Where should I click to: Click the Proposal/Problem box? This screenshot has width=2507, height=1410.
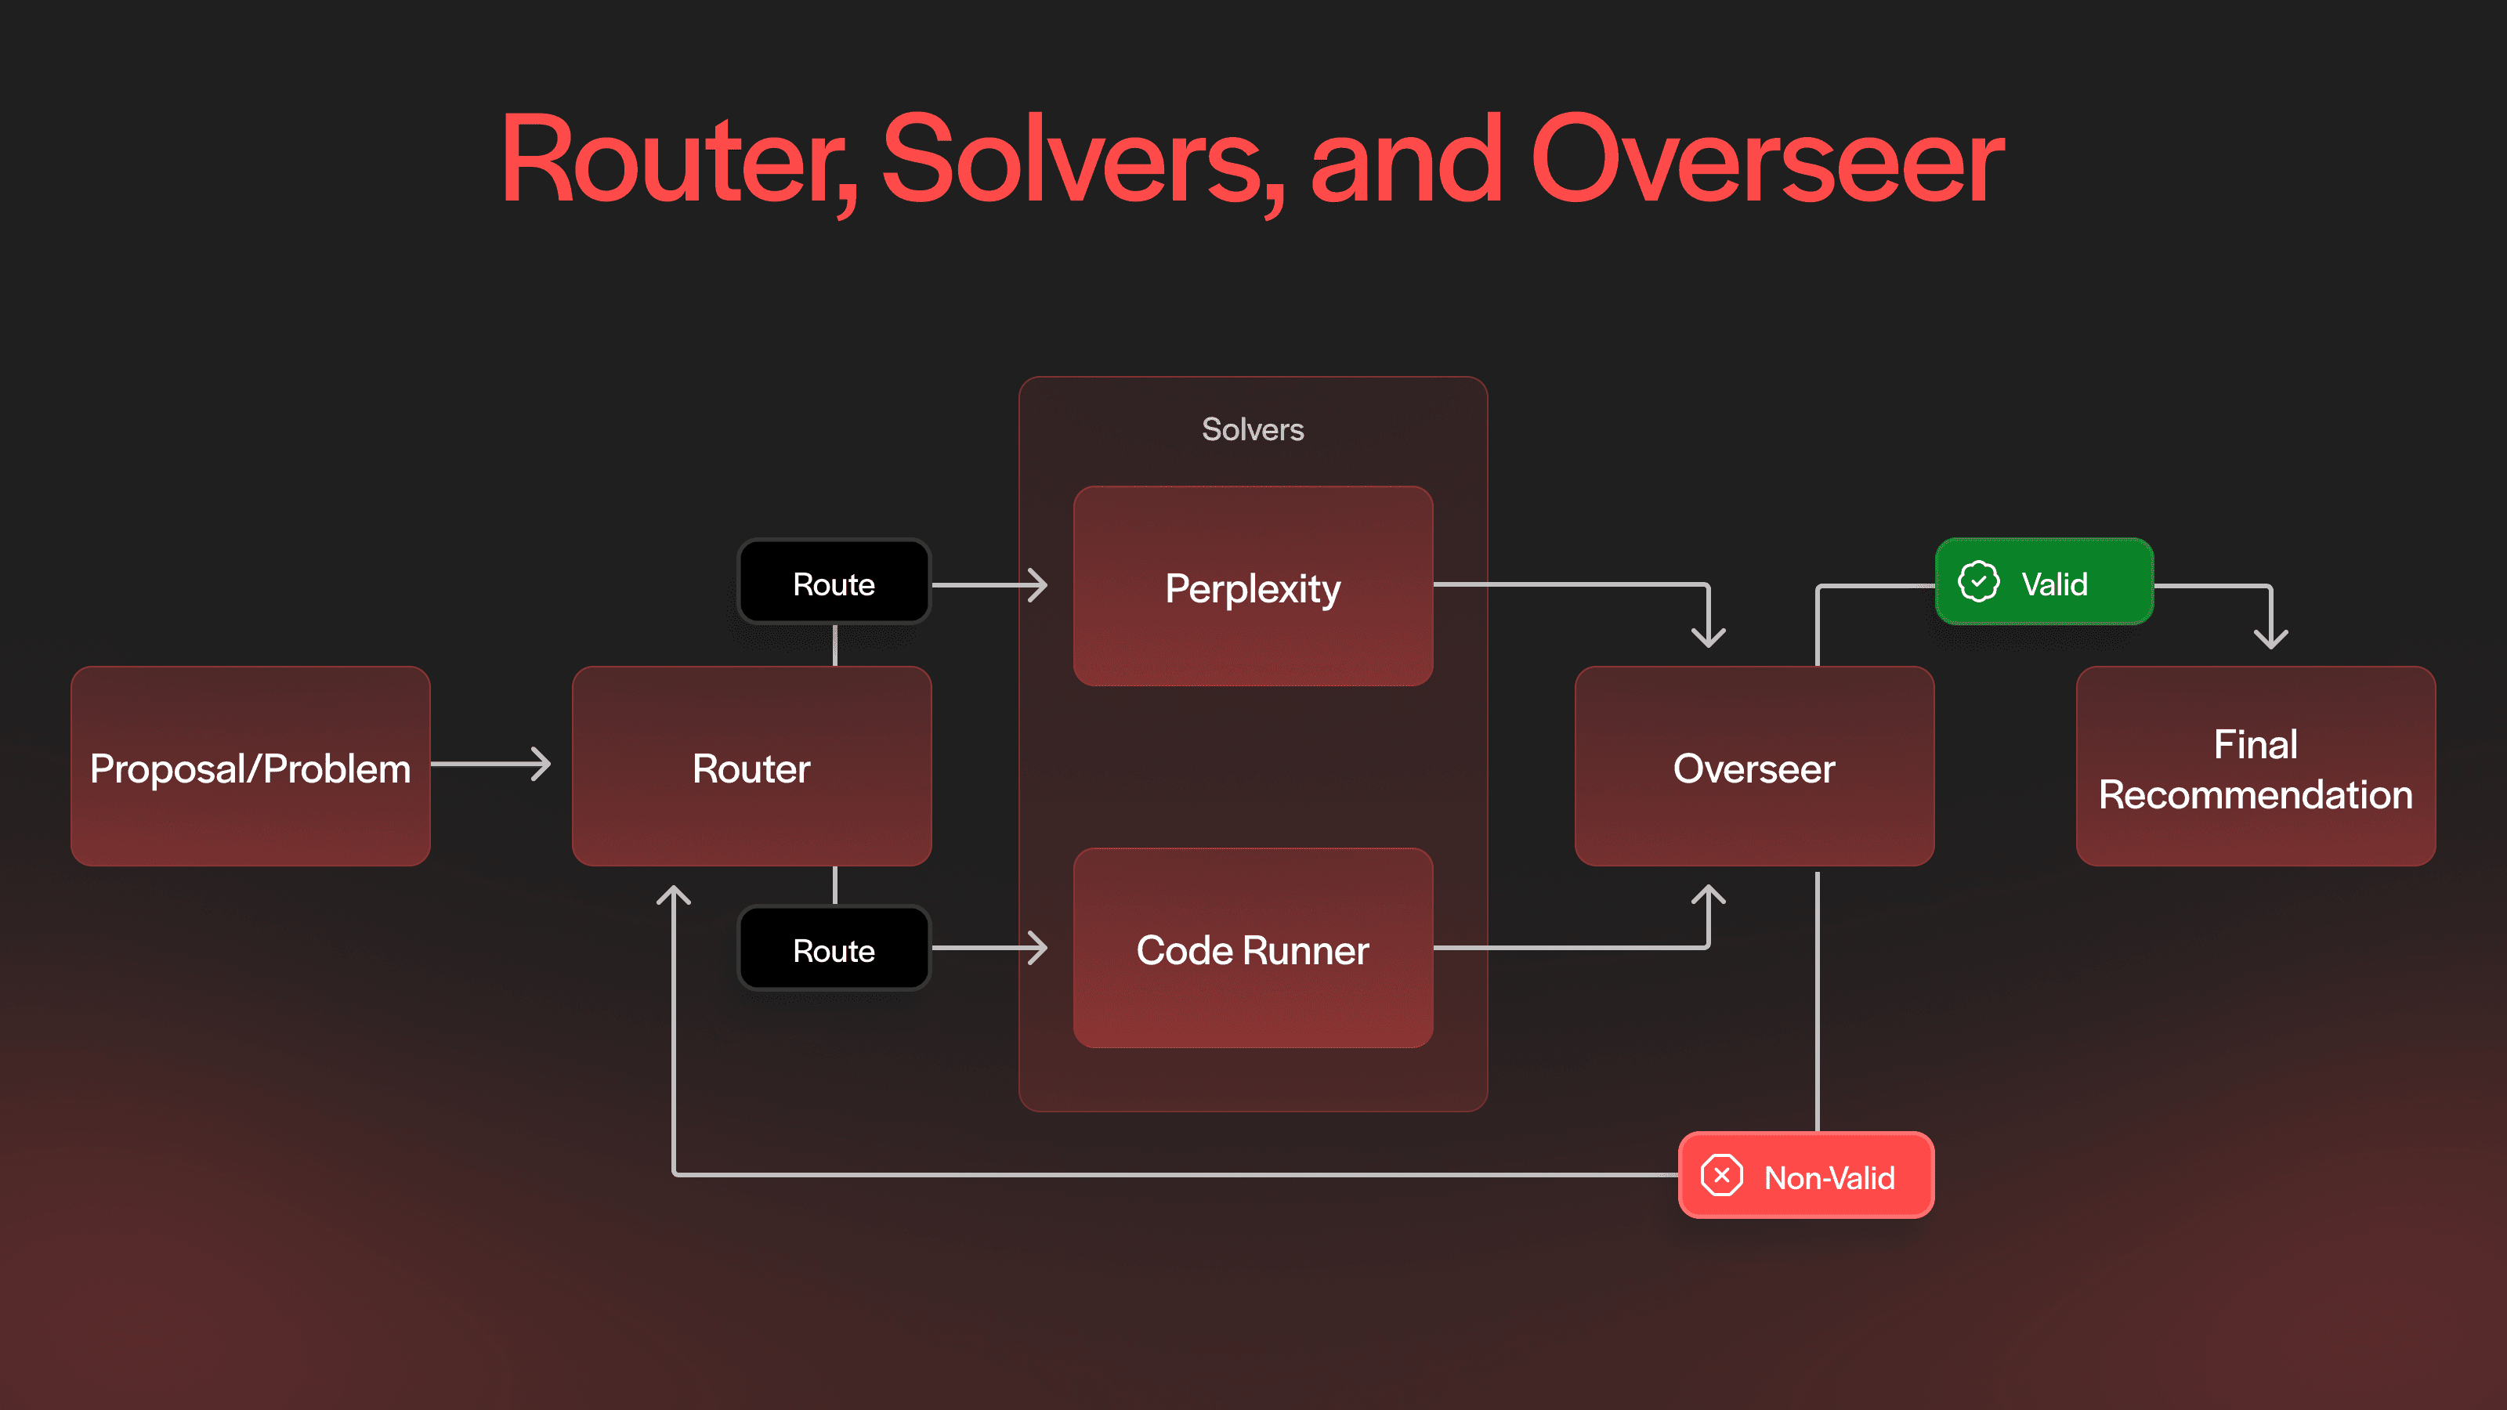pos(250,767)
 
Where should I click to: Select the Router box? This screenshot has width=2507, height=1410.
pos(751,767)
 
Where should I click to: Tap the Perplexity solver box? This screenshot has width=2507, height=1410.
pos(1253,587)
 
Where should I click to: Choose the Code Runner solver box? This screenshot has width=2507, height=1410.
pos(1253,949)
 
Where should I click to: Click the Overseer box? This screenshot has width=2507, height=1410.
pos(1754,767)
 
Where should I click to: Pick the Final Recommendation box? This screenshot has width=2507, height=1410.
pos(2255,767)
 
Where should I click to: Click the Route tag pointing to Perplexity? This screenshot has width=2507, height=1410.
pos(834,583)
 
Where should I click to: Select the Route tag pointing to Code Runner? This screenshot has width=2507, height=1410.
pos(834,949)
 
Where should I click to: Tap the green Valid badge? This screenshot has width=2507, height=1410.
pos(2044,582)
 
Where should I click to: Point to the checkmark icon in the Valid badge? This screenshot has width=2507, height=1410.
pos(1977,582)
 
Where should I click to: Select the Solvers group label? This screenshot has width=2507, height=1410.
pos(1253,429)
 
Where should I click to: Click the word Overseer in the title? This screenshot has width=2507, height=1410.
pos(1767,161)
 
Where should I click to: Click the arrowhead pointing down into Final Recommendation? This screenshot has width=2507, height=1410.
pos(2270,638)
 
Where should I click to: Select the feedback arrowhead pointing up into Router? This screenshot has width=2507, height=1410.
pos(674,895)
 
